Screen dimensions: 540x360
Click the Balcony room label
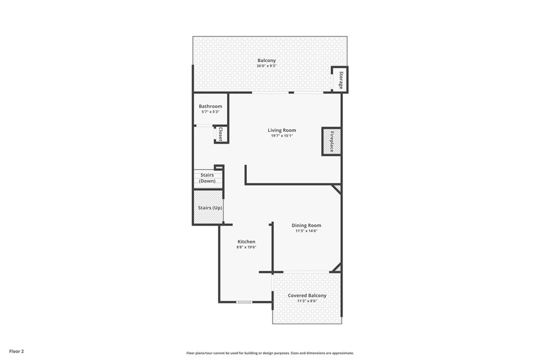coord(266,60)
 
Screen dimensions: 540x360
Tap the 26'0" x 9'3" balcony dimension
coord(266,66)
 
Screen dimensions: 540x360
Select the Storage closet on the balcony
coord(340,80)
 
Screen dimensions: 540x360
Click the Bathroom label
coord(210,106)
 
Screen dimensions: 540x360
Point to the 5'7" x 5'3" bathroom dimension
coord(210,112)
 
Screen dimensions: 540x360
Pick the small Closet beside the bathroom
coord(221,134)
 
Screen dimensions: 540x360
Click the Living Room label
coord(282,130)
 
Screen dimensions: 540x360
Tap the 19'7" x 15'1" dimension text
coord(282,135)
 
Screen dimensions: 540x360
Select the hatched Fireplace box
coord(332,141)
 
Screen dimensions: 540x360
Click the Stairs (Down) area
coord(208,178)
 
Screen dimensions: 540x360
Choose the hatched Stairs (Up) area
coord(208,208)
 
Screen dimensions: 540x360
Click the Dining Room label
coord(306,226)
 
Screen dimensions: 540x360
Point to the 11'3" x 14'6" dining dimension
coord(306,231)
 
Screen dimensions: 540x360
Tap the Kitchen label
coord(246,241)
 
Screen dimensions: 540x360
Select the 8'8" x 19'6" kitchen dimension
coord(246,247)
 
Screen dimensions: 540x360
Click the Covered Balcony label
coord(307,295)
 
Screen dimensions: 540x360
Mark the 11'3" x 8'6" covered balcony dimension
coord(307,301)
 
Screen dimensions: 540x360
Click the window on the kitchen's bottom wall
coord(244,302)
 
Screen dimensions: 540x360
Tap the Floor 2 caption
coord(16,352)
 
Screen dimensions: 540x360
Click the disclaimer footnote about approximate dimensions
coord(270,353)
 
